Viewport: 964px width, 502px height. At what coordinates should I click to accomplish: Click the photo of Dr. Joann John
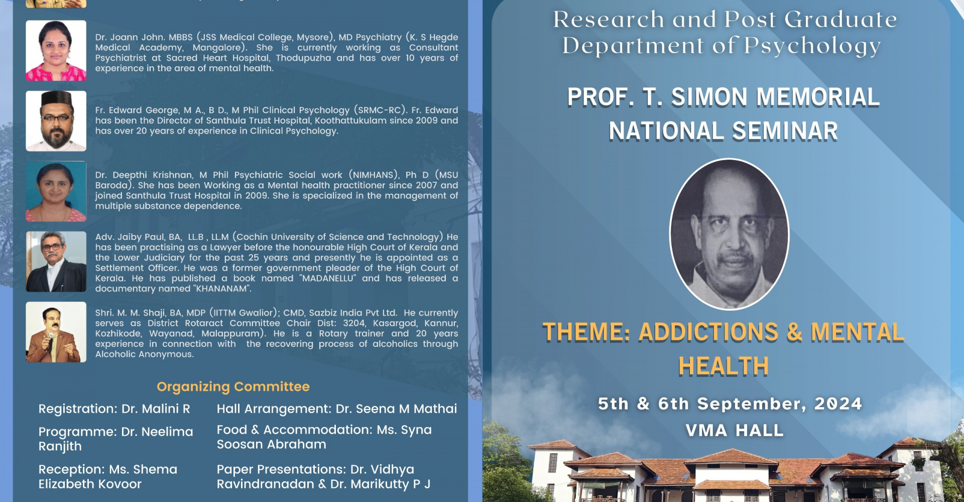pyautogui.click(x=56, y=51)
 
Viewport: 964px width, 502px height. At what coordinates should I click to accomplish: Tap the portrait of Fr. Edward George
pyautogui.click(x=56, y=121)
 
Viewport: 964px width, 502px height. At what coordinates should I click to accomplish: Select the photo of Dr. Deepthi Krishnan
pyautogui.click(x=56, y=191)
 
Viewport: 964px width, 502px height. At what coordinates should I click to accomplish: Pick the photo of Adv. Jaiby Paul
pyautogui.click(x=56, y=262)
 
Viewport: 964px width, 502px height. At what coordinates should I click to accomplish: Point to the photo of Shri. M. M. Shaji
pyautogui.click(x=56, y=332)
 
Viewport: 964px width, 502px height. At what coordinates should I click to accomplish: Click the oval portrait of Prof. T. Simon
pyautogui.click(x=729, y=234)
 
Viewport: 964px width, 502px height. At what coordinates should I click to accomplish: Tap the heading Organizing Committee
pyautogui.click(x=233, y=387)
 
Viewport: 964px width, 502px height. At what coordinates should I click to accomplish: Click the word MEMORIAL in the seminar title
pyautogui.click(x=818, y=97)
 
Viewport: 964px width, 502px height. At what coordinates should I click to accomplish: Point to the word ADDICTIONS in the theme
pyautogui.click(x=708, y=332)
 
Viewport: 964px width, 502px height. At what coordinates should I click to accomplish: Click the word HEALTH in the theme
pyautogui.click(x=724, y=366)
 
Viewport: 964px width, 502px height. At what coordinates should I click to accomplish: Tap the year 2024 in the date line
pyautogui.click(x=838, y=404)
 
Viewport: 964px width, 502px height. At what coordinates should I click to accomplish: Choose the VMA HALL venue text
pyautogui.click(x=735, y=431)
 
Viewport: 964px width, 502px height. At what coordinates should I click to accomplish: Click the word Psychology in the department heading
pyautogui.click(x=812, y=46)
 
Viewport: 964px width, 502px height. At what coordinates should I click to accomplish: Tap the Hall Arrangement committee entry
pyautogui.click(x=337, y=409)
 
